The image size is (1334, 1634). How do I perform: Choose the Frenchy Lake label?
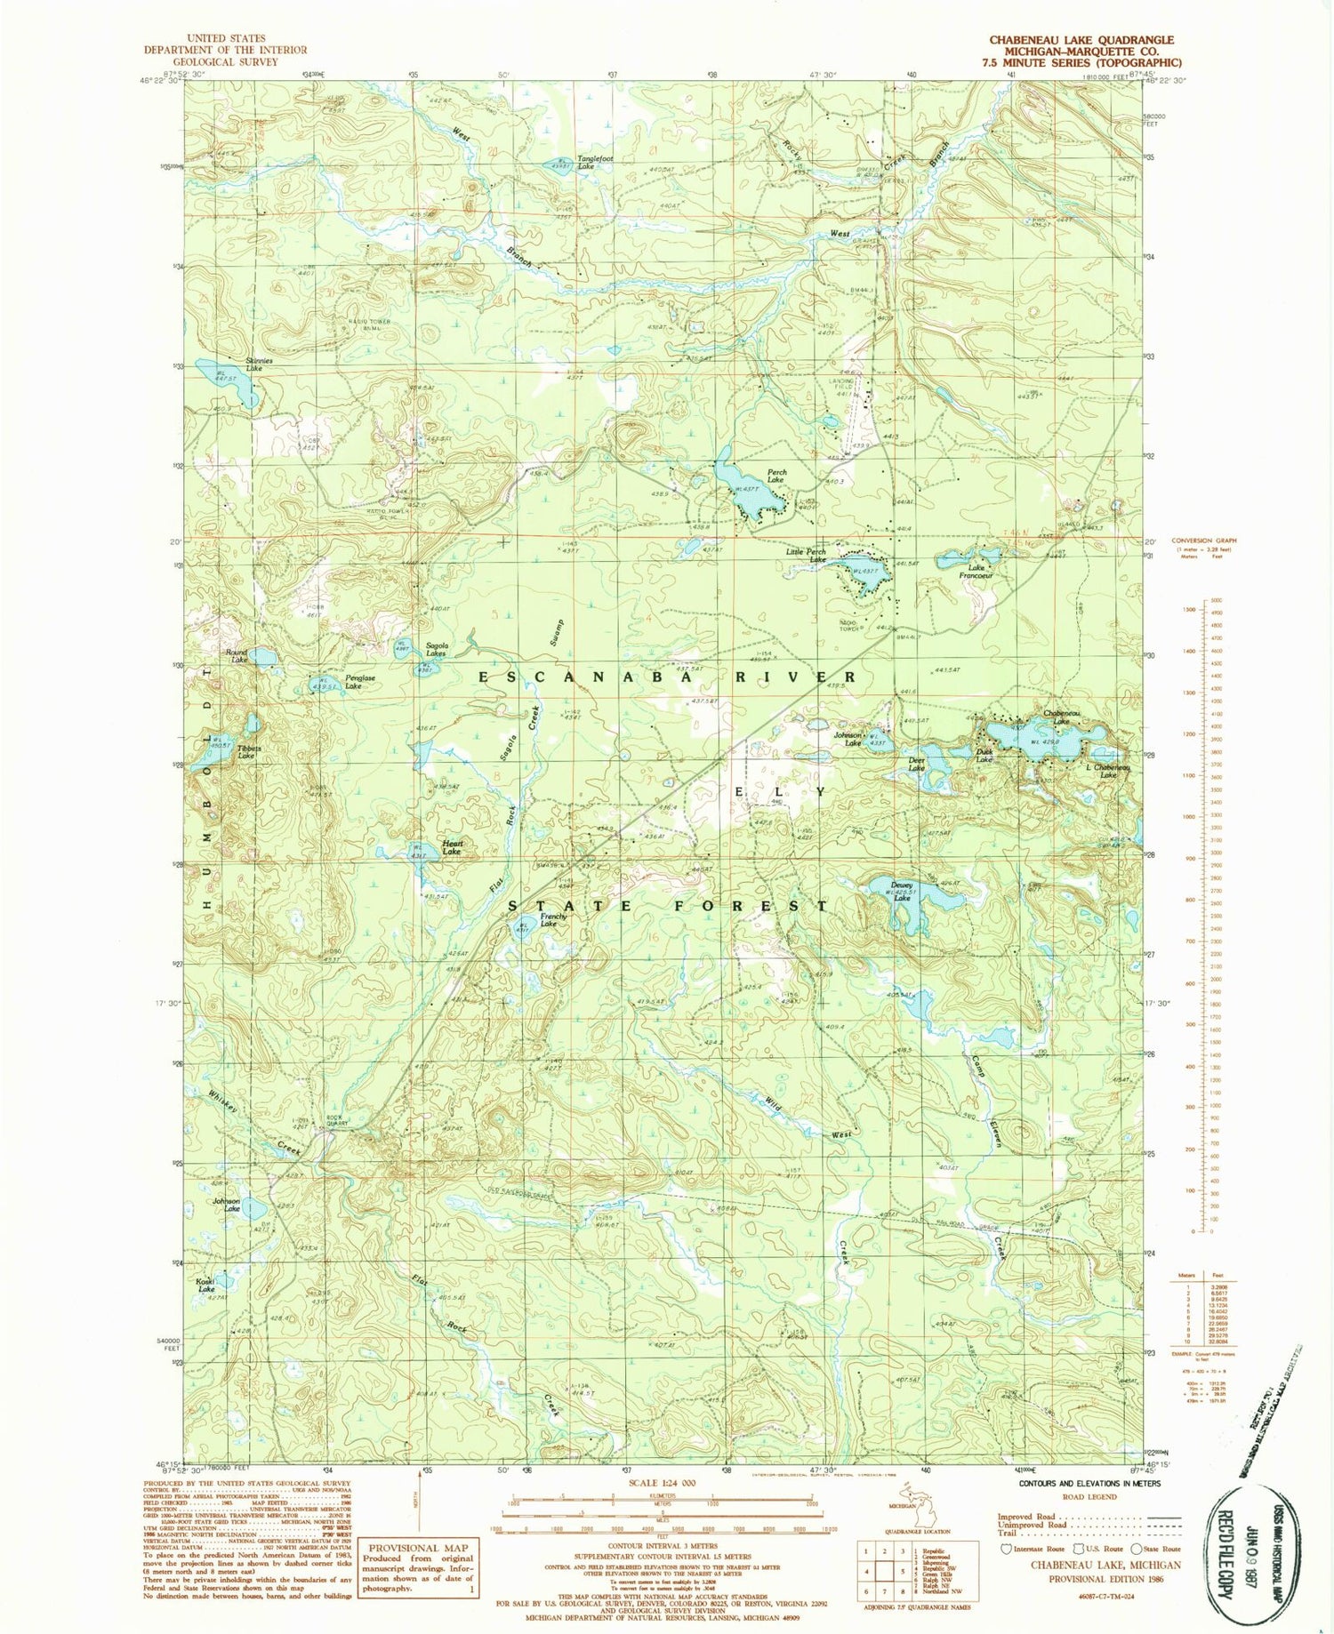550,919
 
